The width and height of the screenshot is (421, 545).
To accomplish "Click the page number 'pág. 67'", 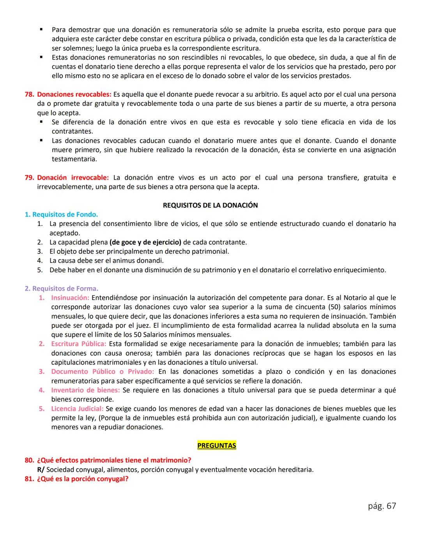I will (x=382, y=506).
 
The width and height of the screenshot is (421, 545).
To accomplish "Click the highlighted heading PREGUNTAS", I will (x=216, y=446).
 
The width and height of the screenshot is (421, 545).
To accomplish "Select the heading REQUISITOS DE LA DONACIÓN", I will (x=210, y=205).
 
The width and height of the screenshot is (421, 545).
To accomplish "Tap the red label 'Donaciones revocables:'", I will (x=74, y=94).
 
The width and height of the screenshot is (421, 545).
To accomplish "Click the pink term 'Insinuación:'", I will (x=70, y=298).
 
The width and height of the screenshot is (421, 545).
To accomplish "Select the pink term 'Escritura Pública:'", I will (x=78, y=344).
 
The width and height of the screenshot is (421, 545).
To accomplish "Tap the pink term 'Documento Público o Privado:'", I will (x=103, y=372).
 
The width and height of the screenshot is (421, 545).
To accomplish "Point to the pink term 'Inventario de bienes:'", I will (x=85, y=390).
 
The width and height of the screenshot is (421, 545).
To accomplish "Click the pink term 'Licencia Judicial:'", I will (x=77, y=409).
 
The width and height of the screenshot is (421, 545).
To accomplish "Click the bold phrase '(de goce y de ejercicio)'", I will (x=145, y=242).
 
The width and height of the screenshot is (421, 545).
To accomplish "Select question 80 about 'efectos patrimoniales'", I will (x=114, y=460).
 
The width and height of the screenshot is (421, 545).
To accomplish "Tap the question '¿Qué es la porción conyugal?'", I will (x=83, y=479).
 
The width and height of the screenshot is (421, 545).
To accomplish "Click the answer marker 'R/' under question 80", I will (x=41, y=470).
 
